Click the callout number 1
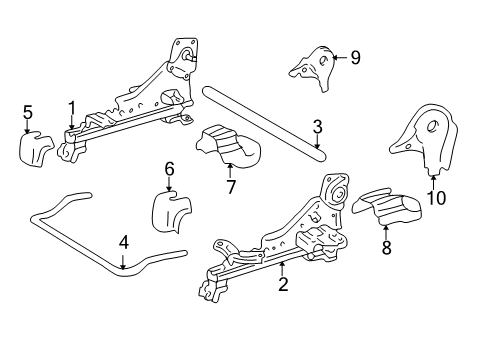coord(71,107)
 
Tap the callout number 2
coord(283,285)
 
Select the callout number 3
coord(316,127)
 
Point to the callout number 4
coord(123,241)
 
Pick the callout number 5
coord(28,112)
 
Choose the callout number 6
coord(169,169)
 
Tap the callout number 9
coord(354,58)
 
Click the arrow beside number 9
coord(339,58)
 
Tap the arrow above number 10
coord(434,178)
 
